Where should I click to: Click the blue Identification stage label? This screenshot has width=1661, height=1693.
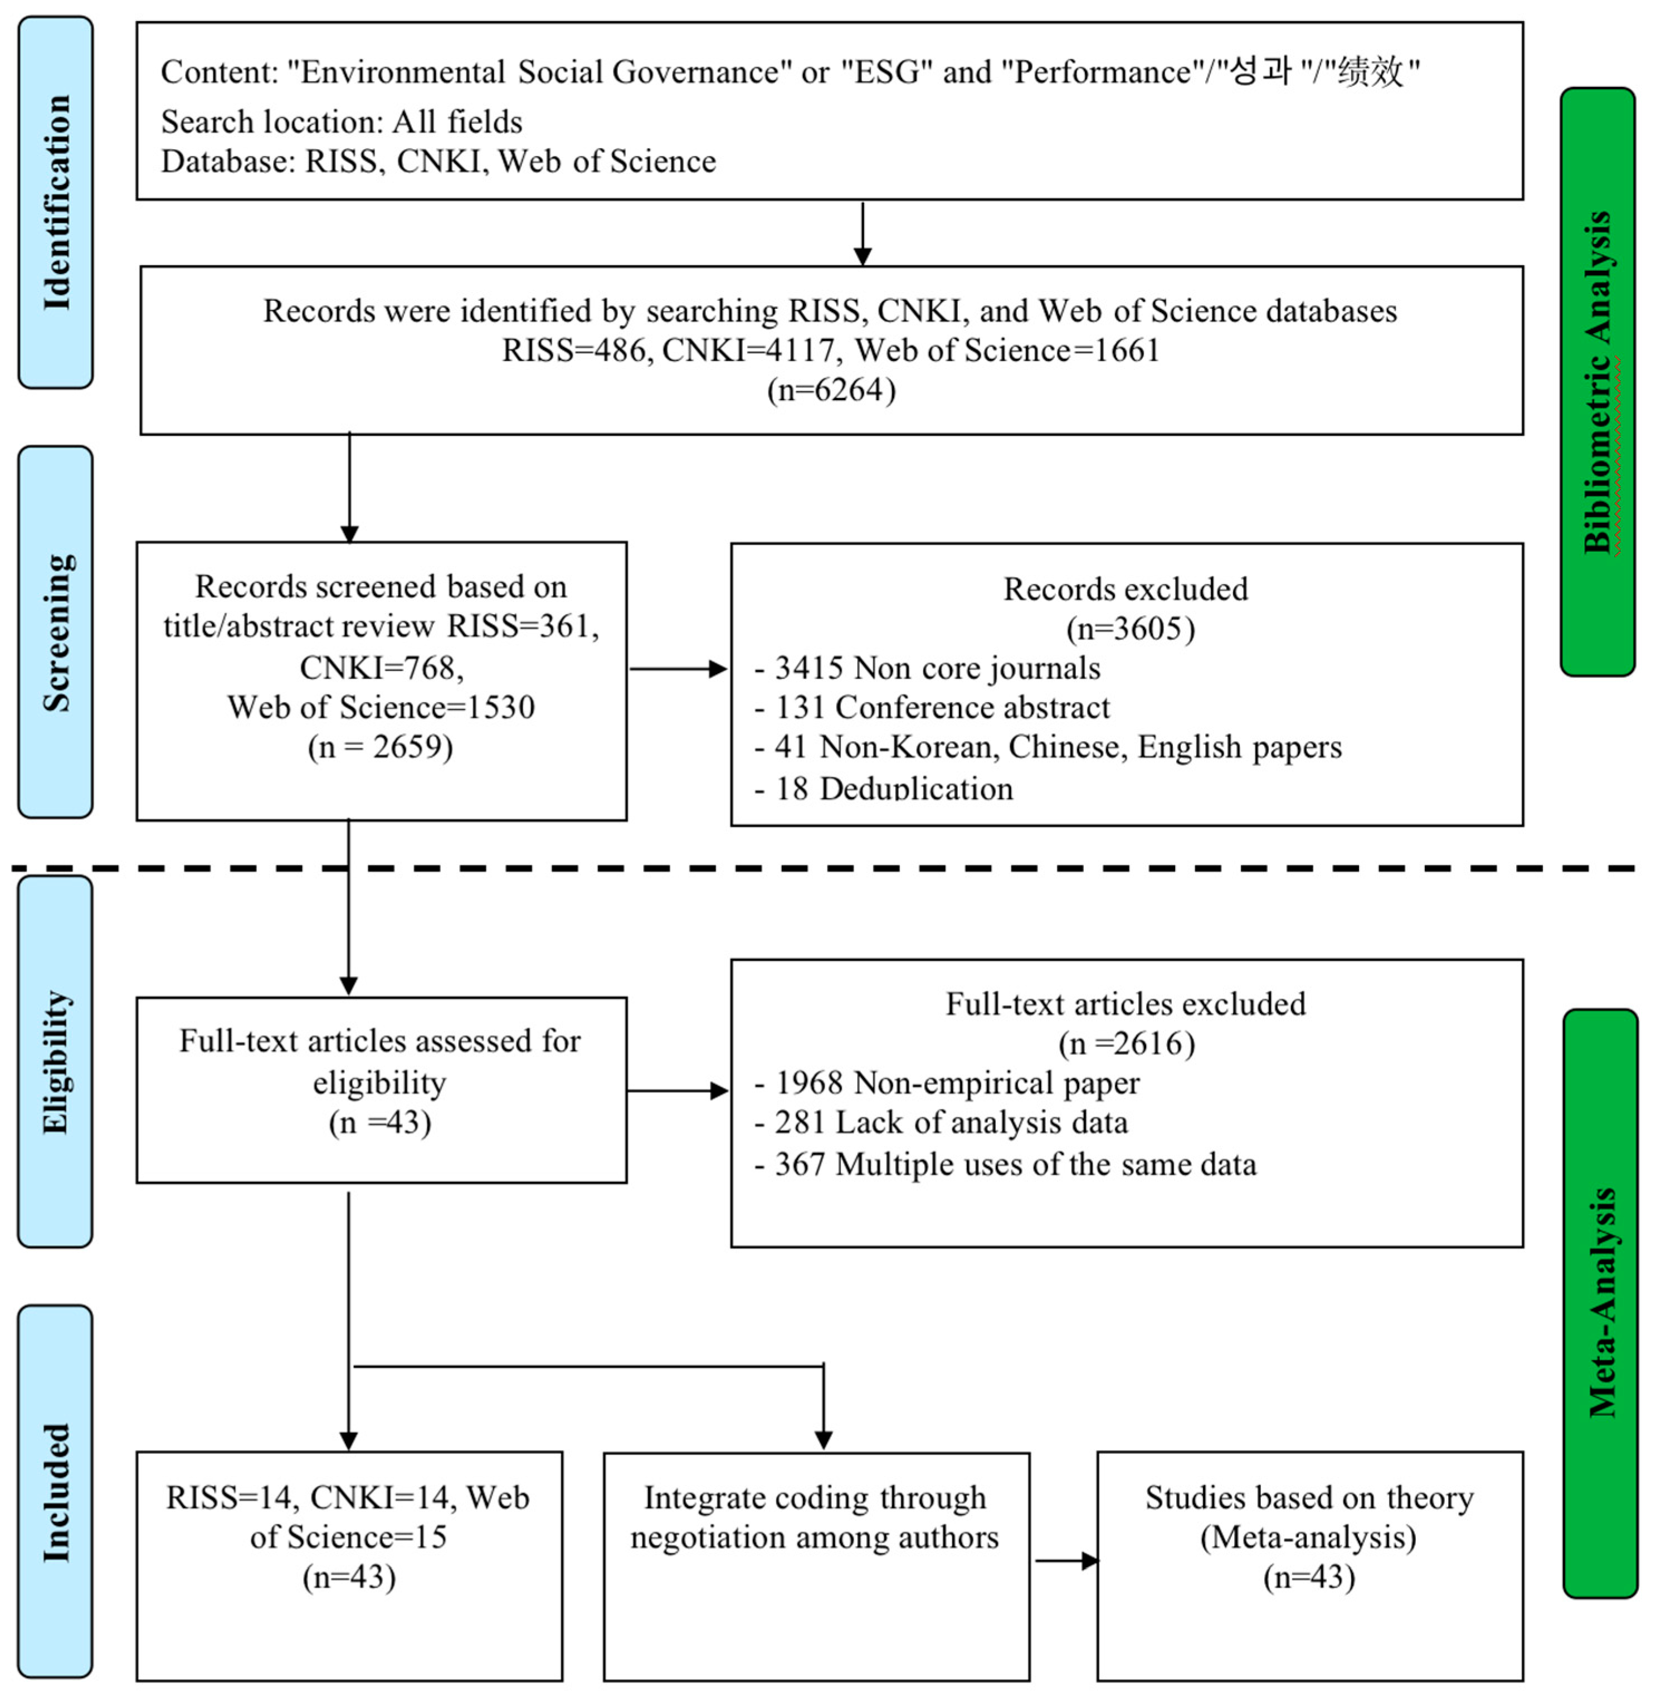[x=56, y=202]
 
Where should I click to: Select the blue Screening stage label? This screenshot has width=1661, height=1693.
[x=56, y=632]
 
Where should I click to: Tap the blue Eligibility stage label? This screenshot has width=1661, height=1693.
[x=56, y=1061]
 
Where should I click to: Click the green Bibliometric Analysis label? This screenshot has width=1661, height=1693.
[x=1597, y=381]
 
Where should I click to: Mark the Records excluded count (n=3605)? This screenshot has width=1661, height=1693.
[x=1130, y=629]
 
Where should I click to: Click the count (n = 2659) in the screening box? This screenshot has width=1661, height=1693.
[x=381, y=747]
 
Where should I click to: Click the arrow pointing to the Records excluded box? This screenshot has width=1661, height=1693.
[x=679, y=669]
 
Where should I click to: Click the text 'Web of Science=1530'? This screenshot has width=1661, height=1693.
[x=381, y=707]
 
